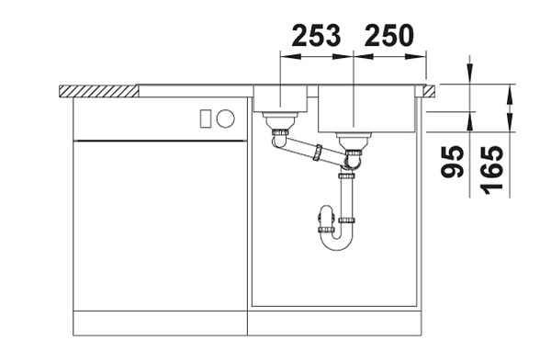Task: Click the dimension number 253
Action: [x=316, y=35]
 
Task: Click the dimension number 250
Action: [x=389, y=35]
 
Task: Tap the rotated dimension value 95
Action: [x=453, y=162]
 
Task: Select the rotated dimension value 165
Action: [x=491, y=170]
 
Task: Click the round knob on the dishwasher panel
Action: [x=226, y=119]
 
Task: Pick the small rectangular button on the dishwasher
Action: [x=206, y=119]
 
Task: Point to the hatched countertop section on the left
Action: [x=99, y=91]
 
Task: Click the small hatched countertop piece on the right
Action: [x=430, y=90]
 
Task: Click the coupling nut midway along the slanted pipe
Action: [x=319, y=152]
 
